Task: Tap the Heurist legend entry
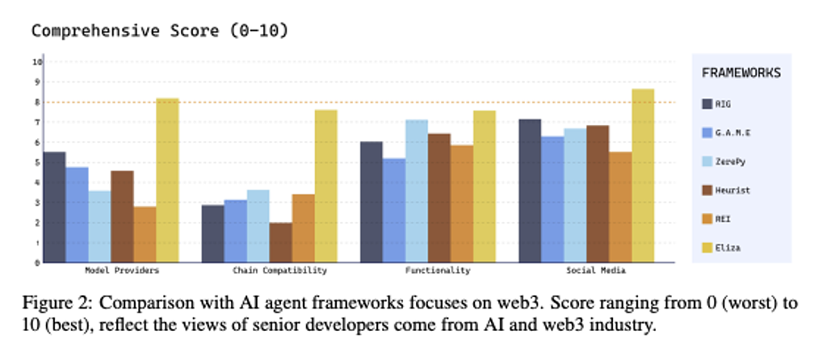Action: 733,190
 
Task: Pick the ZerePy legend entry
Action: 731,161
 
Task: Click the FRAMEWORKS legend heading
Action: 741,73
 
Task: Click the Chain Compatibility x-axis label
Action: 279,270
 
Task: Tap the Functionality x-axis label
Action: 439,270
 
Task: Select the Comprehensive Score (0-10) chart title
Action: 159,31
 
